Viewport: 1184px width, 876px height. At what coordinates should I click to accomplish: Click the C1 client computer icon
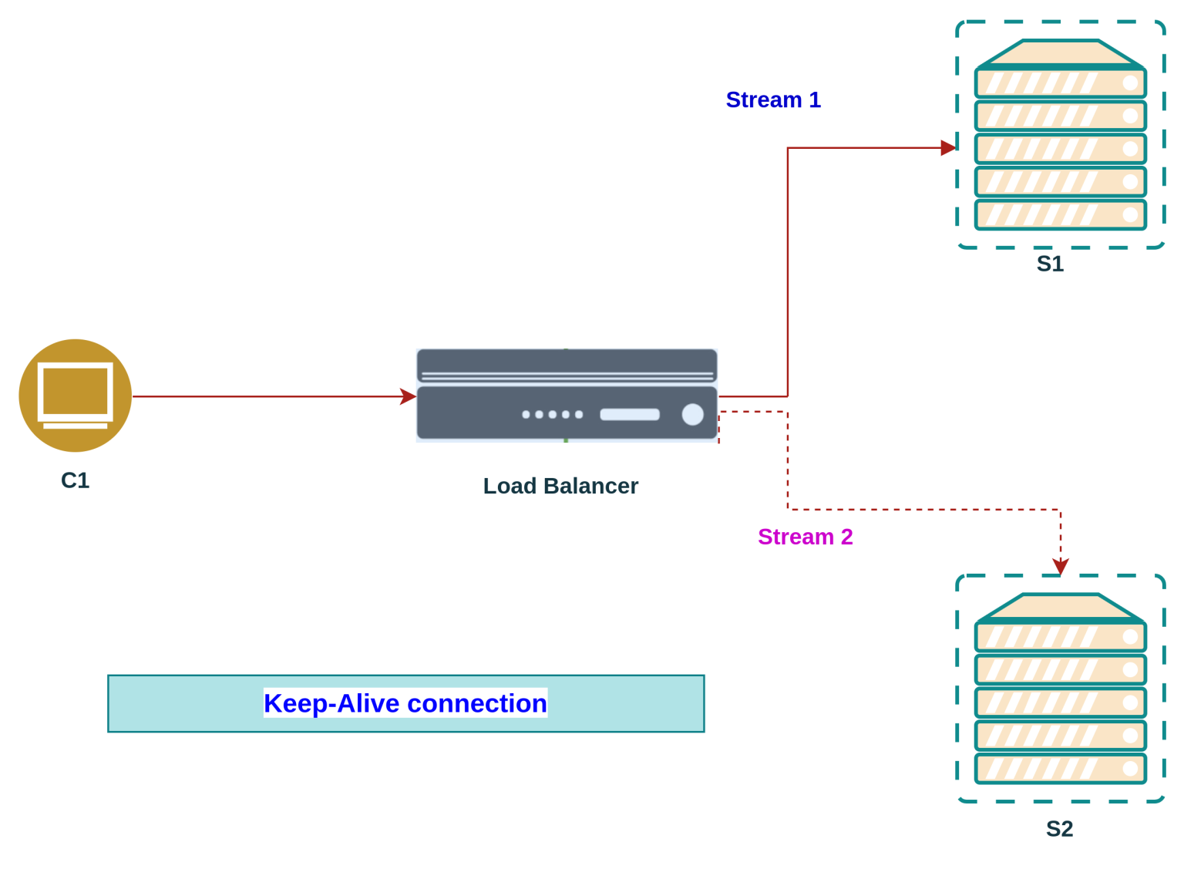point(76,396)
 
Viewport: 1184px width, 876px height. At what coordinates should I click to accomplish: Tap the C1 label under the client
point(75,480)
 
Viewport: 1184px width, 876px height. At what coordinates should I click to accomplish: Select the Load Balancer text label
point(560,486)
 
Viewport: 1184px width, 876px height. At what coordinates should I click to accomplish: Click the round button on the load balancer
point(692,414)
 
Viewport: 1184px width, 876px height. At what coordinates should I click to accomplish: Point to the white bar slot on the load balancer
point(630,414)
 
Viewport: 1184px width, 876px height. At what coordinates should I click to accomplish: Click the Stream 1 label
point(773,99)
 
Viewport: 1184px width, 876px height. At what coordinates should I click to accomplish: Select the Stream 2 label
point(805,537)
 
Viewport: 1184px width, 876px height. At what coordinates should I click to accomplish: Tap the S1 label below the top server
point(1050,264)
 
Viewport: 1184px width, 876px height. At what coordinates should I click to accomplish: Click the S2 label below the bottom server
point(1059,829)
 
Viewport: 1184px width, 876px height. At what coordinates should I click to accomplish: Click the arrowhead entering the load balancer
point(409,396)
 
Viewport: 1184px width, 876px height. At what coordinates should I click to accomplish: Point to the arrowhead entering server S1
point(948,147)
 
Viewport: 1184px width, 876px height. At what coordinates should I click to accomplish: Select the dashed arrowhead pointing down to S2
point(1061,566)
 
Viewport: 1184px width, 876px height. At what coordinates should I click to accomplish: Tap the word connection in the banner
point(476,703)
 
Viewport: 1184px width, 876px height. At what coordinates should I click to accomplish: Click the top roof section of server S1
point(1061,53)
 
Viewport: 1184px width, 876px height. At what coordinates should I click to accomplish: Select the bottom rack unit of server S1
point(1061,214)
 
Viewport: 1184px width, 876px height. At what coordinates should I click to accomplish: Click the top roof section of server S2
point(1061,607)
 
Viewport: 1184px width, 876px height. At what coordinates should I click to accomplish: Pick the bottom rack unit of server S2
point(1061,768)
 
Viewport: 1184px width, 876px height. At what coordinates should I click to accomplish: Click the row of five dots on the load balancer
point(552,414)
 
